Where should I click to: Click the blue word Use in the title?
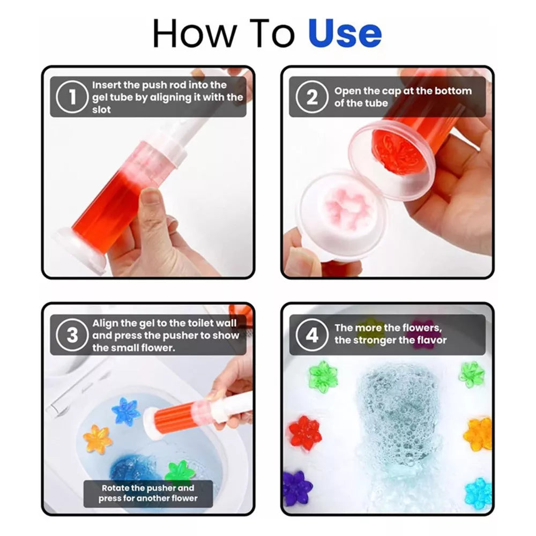(x=345, y=33)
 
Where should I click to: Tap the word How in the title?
(x=195, y=33)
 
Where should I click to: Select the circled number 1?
(x=72, y=96)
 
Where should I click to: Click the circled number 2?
(x=312, y=96)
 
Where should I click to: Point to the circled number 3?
(x=72, y=335)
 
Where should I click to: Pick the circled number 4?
(x=312, y=335)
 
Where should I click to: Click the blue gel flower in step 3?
(x=126, y=411)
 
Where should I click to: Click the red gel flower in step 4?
(x=306, y=433)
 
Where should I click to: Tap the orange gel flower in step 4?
(x=478, y=434)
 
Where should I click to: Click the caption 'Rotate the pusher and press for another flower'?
(x=148, y=493)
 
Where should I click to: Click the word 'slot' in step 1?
(x=101, y=110)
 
